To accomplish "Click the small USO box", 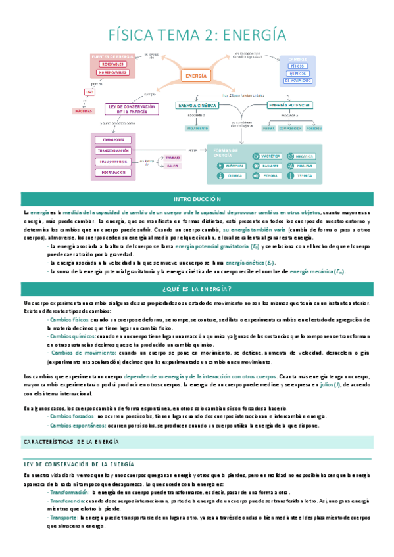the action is tap(89, 93).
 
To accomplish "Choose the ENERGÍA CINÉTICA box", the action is tap(197, 105).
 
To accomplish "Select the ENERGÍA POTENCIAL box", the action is tap(290, 105).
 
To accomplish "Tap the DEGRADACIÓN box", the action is tap(113, 172).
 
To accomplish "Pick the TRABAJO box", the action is tap(173, 158).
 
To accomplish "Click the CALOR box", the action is tap(173, 166).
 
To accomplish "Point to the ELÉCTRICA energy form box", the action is tap(232, 166).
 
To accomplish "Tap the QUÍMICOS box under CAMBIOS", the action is tap(297, 74).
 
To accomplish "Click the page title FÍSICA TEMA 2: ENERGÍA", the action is tap(197, 33).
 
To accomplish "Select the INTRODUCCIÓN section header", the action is tap(197, 199).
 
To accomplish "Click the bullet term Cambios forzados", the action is tap(70, 416).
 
